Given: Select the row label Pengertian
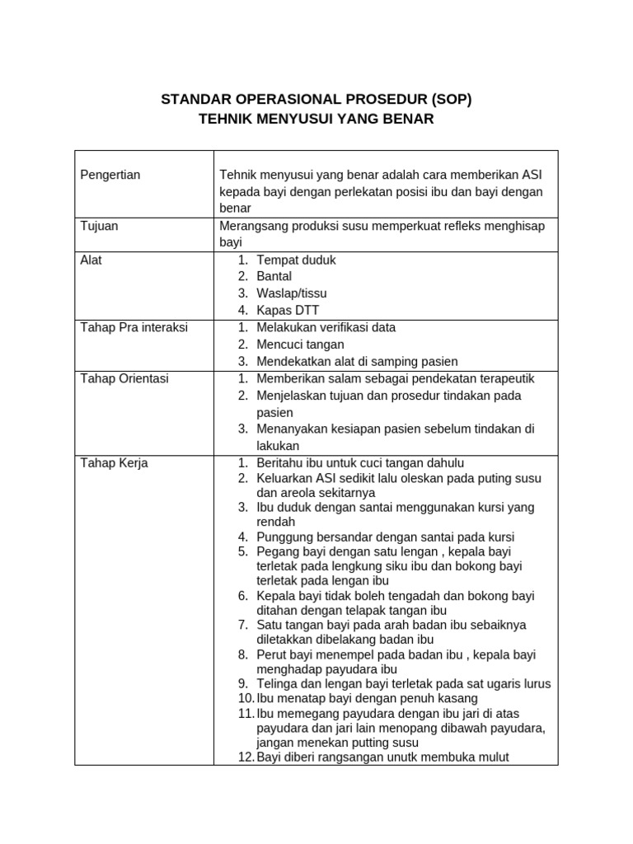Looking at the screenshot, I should (110, 174).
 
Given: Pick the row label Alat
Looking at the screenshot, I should (91, 260).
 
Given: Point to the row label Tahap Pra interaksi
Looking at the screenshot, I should (134, 327).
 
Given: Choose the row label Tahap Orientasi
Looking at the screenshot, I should (124, 378).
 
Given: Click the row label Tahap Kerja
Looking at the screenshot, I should (114, 463).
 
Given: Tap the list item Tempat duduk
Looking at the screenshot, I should (296, 260).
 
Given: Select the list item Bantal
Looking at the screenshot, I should (274, 276).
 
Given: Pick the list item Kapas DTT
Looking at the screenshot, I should (286, 311).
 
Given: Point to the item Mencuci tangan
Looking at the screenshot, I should (300, 345).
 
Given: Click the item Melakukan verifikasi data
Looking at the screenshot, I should (326, 327).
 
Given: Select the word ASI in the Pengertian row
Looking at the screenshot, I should (531, 174).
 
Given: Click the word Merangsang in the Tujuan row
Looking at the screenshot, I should (251, 226).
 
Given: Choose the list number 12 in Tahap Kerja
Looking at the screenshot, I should (246, 757).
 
